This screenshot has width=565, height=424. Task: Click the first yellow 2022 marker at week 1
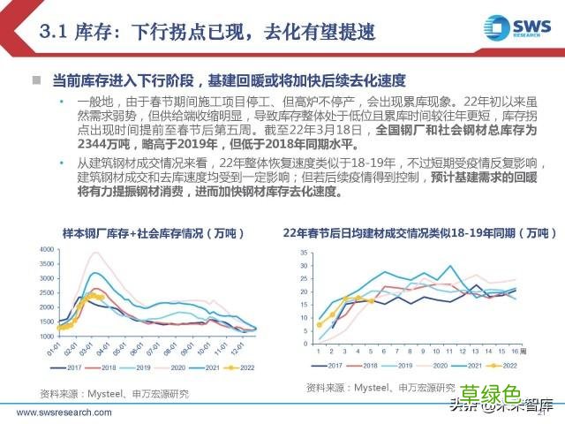pyautogui.click(x=319, y=324)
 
